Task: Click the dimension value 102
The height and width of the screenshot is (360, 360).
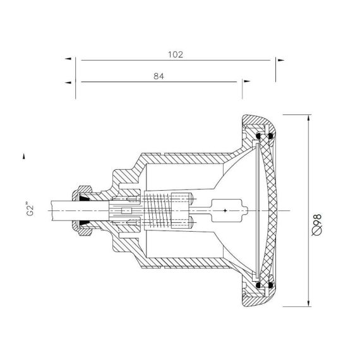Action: (x=176, y=55)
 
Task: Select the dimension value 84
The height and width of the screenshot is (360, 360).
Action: (x=159, y=76)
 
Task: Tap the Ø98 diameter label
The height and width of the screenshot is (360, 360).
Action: (x=317, y=225)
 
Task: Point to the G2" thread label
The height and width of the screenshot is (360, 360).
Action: (x=30, y=209)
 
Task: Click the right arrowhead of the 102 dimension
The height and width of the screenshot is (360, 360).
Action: (x=281, y=60)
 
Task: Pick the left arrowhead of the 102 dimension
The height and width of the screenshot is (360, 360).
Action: (x=68, y=59)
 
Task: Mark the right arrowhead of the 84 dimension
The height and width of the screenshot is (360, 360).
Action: (x=247, y=81)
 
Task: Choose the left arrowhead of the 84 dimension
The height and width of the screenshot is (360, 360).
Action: (x=68, y=83)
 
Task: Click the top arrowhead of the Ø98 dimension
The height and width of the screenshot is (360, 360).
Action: (x=309, y=117)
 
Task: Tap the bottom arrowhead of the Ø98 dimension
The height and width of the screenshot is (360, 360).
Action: (x=309, y=303)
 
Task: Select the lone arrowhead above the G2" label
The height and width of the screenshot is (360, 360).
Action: (x=23, y=156)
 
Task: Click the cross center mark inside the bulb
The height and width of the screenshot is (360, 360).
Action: (x=225, y=210)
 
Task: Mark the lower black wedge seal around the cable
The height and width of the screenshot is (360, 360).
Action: (x=85, y=223)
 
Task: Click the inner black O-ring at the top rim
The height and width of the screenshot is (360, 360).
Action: (x=258, y=135)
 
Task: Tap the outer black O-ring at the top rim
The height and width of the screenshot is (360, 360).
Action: (x=271, y=136)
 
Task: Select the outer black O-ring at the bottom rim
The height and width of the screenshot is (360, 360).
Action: (x=271, y=285)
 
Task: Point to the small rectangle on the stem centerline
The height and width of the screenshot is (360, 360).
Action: (x=126, y=211)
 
